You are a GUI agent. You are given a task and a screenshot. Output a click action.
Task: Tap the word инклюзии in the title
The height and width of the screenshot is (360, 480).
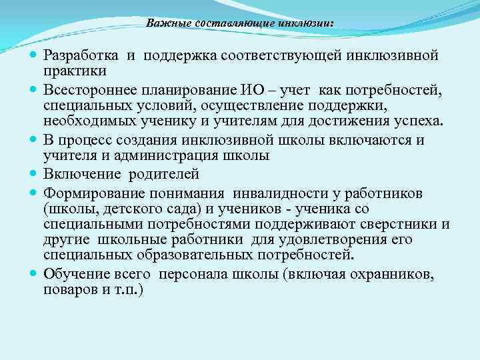point(307,23)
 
